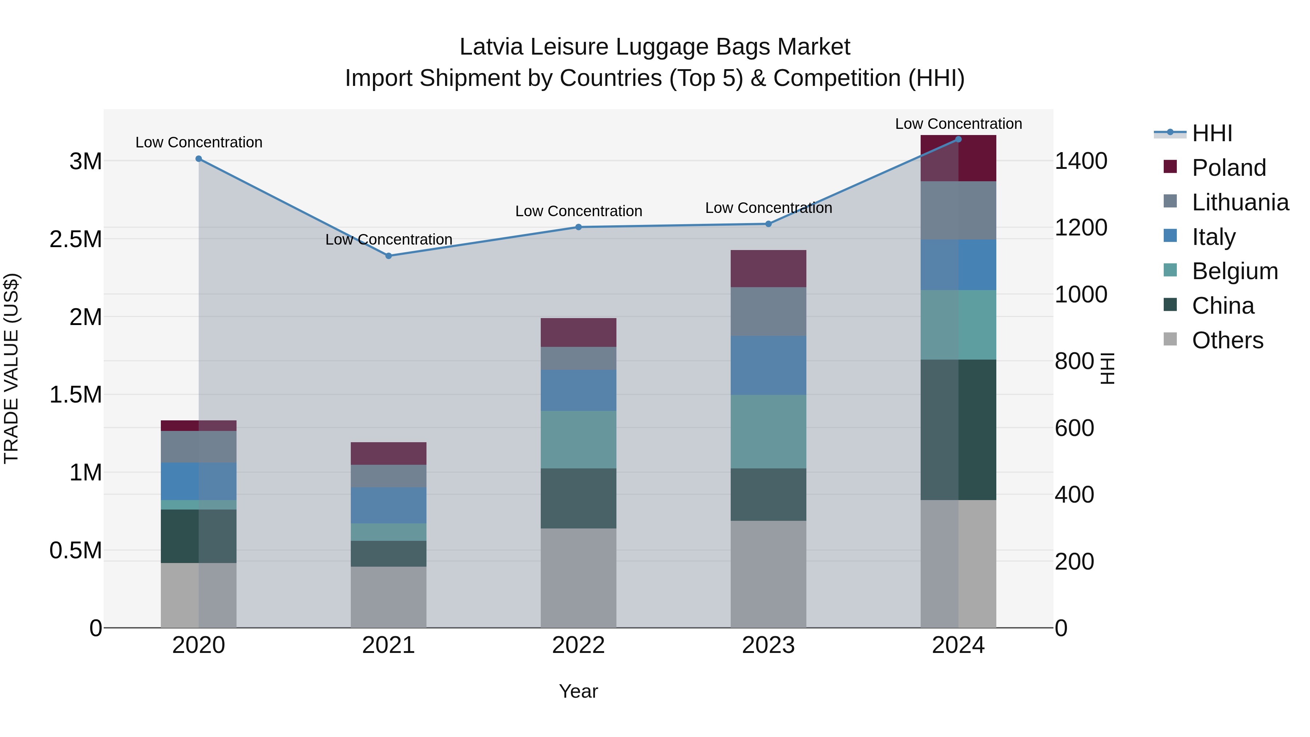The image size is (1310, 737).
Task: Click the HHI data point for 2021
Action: point(389,256)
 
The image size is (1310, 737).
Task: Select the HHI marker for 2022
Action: point(578,227)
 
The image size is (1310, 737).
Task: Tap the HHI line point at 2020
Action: point(199,159)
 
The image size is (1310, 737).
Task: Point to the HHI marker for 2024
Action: point(958,139)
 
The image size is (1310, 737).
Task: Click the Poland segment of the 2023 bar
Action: point(769,269)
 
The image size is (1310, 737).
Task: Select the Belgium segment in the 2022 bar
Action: point(578,439)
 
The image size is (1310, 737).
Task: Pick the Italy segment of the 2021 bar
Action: point(389,505)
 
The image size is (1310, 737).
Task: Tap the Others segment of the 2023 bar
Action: point(769,574)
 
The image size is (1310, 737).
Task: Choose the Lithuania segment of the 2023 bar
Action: point(769,311)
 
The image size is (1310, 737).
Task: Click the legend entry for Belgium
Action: point(1234,271)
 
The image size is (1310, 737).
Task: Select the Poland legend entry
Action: point(1228,167)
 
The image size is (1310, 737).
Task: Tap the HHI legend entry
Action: point(1211,133)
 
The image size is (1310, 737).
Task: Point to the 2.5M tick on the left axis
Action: point(76,239)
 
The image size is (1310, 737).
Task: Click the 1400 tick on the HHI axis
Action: point(1081,161)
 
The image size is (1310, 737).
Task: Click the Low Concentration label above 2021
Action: point(389,239)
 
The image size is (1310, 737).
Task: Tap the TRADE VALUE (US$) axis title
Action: point(11,368)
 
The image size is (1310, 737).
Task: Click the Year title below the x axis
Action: point(578,691)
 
